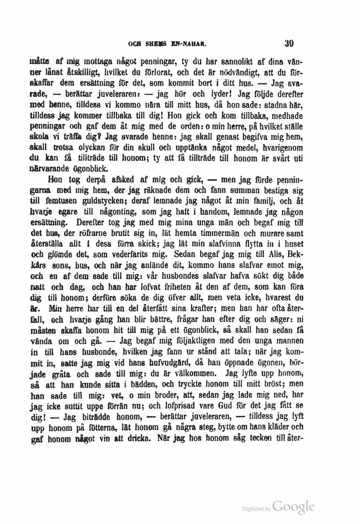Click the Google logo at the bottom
point(293,508)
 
